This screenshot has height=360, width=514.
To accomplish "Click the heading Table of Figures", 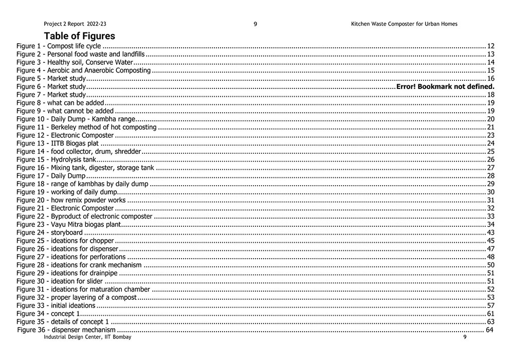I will click(79, 36).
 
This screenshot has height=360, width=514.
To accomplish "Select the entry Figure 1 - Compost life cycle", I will click(59, 46).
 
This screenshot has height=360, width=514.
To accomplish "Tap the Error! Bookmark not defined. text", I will click(445, 86).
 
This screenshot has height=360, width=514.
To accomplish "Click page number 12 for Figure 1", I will click(490, 46).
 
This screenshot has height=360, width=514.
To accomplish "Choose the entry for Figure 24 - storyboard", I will click(49, 232).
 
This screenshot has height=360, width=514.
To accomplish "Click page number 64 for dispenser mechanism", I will click(489, 330).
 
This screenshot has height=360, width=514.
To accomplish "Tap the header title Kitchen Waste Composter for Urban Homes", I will click(404, 24).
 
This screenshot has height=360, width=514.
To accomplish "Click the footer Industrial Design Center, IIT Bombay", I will click(87, 337).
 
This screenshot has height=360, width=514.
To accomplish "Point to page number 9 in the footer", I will click(465, 337).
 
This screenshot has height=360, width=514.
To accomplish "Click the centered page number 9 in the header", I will click(255, 24).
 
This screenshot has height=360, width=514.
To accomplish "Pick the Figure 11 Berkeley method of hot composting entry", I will click(86, 127).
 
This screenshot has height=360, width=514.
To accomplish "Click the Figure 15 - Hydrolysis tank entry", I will click(56, 159).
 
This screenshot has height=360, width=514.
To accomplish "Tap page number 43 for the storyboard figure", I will click(490, 232).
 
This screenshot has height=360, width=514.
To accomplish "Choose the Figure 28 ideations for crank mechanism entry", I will click(79, 265).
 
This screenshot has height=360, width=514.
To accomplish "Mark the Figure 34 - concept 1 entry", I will click(48, 313).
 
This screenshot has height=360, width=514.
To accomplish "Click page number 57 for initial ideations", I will click(490, 305).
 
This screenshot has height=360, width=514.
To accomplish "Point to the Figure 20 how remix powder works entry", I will click(71, 200).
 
